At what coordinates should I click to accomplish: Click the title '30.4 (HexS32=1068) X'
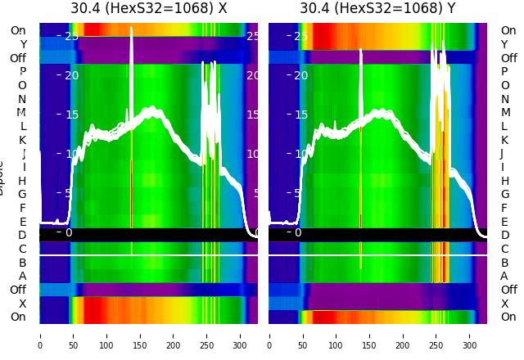(148, 9)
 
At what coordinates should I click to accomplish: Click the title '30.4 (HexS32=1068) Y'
(377, 9)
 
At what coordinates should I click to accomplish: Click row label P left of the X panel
(22, 72)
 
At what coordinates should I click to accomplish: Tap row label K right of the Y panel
(504, 140)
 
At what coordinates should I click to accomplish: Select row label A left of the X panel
(22, 277)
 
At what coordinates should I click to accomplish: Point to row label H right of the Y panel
(504, 181)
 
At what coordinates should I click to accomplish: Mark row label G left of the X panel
(22, 195)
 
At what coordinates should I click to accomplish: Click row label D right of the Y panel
(504, 236)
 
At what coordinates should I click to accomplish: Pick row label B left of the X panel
(22, 263)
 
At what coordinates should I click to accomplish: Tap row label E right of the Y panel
(504, 222)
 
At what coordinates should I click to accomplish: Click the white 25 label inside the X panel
(71, 36)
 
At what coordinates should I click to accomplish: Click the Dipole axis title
(4, 176)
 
